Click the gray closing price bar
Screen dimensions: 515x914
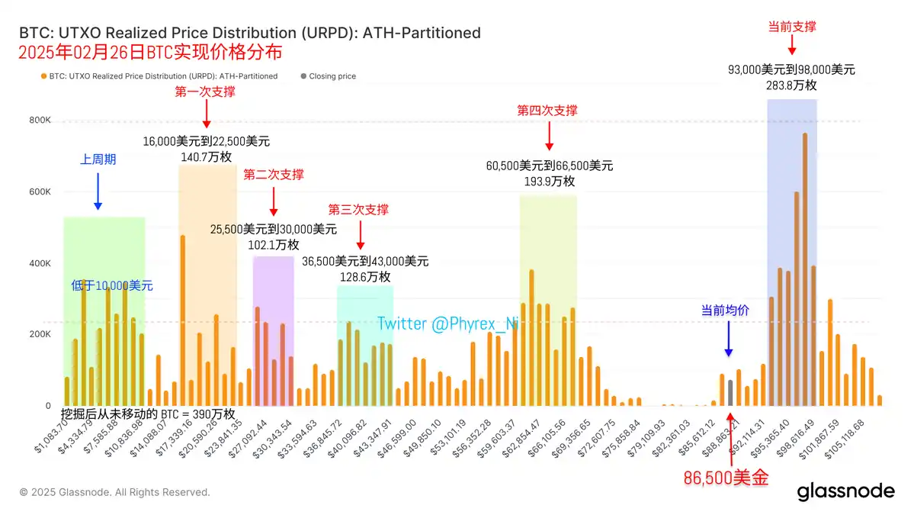pyautogui.click(x=730, y=393)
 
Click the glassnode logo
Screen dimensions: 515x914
pyautogui.click(x=845, y=492)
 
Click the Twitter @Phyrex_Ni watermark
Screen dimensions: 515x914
pyautogui.click(x=447, y=324)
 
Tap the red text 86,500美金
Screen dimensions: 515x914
pyautogui.click(x=725, y=478)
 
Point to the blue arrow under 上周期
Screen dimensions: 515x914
pyautogui.click(x=98, y=191)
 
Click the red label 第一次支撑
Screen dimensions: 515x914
pyautogui.click(x=205, y=92)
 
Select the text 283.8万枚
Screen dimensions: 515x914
pyautogui.click(x=791, y=85)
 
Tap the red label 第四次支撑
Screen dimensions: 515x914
pyautogui.click(x=547, y=111)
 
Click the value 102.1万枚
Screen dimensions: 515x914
pyautogui.click(x=272, y=244)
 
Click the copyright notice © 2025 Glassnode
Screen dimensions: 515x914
pyautogui.click(x=114, y=492)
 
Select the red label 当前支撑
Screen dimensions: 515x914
pyautogui.click(x=792, y=27)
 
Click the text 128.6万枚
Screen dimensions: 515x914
pyautogui.click(x=364, y=277)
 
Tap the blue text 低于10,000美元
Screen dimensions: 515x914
pyautogui.click(x=112, y=286)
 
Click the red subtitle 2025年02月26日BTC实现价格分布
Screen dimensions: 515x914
pyautogui.click(x=151, y=53)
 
